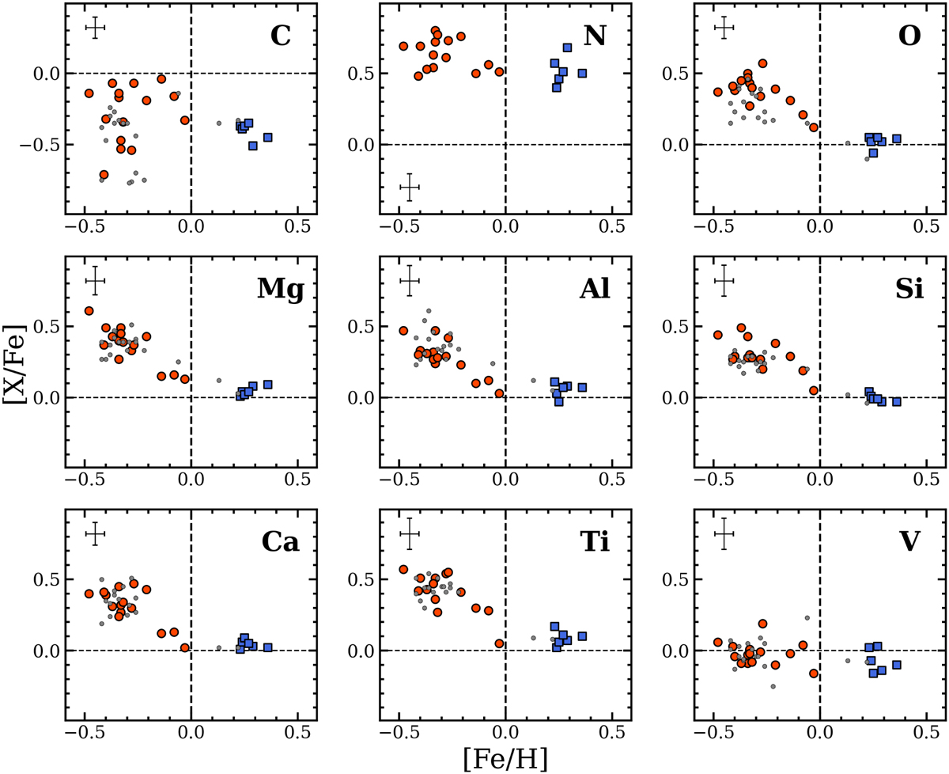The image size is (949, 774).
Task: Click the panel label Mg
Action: click(280, 290)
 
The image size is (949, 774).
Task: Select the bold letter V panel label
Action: click(909, 543)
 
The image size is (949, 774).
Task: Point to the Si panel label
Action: click(907, 290)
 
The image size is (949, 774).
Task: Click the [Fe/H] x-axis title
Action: click(506, 757)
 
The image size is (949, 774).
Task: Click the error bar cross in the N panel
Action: click(410, 188)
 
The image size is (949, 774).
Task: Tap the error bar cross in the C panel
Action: click(96, 28)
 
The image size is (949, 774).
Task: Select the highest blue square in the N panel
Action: click(567, 47)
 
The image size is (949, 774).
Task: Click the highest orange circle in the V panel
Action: click(762, 624)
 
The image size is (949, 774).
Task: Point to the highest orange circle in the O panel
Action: click(762, 63)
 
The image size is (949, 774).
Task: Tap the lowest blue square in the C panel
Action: click(252, 146)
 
